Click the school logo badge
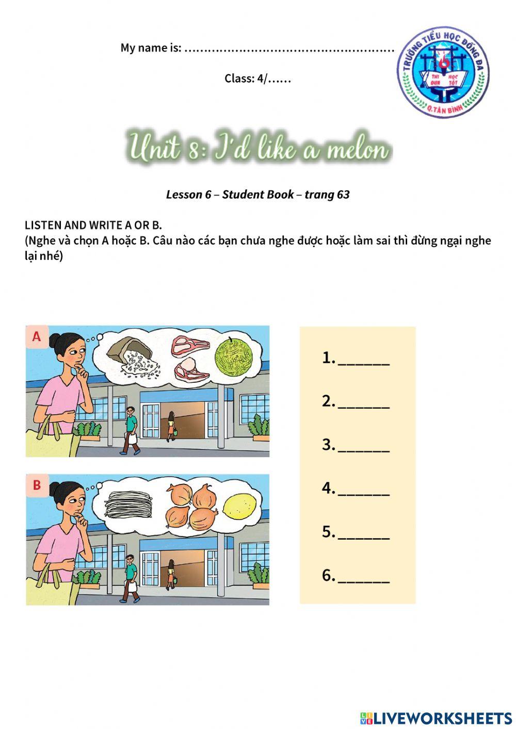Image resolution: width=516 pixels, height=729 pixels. [443, 73]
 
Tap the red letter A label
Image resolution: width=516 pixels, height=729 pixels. [37, 336]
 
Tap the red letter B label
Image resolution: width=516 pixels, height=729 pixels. [37, 485]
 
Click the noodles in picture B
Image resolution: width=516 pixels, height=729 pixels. [128, 503]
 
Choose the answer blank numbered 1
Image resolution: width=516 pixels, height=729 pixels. [363, 360]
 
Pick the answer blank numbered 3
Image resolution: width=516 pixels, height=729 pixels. [363, 446]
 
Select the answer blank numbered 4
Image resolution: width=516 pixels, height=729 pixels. [363, 490]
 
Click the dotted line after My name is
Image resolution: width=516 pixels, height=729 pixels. [289, 49]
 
